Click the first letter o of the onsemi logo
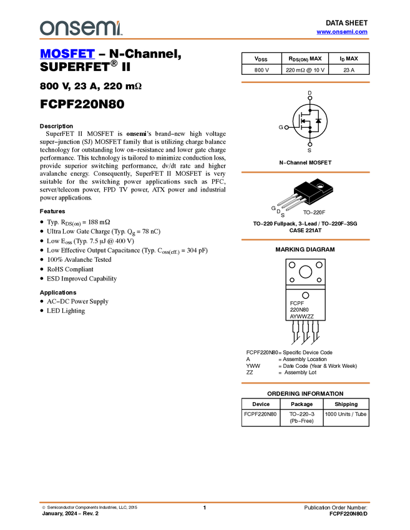click(46, 28)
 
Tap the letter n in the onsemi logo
click(61, 28)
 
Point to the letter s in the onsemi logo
click(74, 28)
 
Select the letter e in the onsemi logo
click(88, 28)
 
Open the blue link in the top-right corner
click(342, 32)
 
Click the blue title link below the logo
click(67, 54)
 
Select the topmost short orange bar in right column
click(305, 82)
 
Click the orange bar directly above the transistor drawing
click(305, 172)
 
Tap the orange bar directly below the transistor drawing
click(305, 240)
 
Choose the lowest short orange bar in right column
click(305, 383)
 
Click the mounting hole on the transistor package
click(320, 185)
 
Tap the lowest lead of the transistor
click(295, 205)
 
